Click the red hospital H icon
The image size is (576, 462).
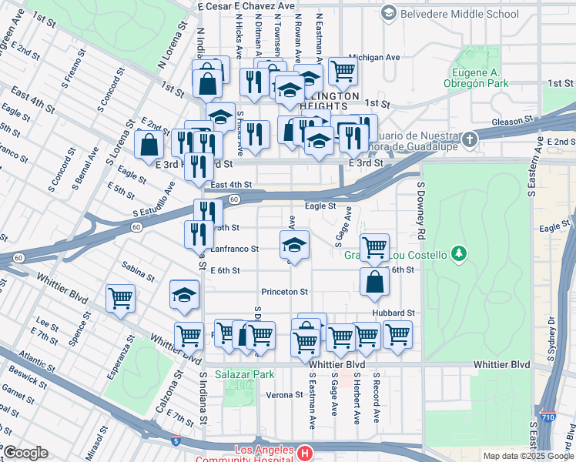[x=306, y=453]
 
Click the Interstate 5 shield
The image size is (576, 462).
[x=176, y=441]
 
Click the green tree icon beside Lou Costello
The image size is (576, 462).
[x=459, y=253]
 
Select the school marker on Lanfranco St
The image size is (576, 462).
[x=293, y=246]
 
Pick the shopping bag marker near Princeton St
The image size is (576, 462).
[x=374, y=283]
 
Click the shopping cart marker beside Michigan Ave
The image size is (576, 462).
[x=343, y=71]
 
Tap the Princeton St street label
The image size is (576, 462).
[x=284, y=292]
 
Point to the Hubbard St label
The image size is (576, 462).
[x=393, y=313]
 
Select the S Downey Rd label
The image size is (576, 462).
[x=421, y=209]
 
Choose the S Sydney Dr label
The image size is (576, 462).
[x=551, y=339]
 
